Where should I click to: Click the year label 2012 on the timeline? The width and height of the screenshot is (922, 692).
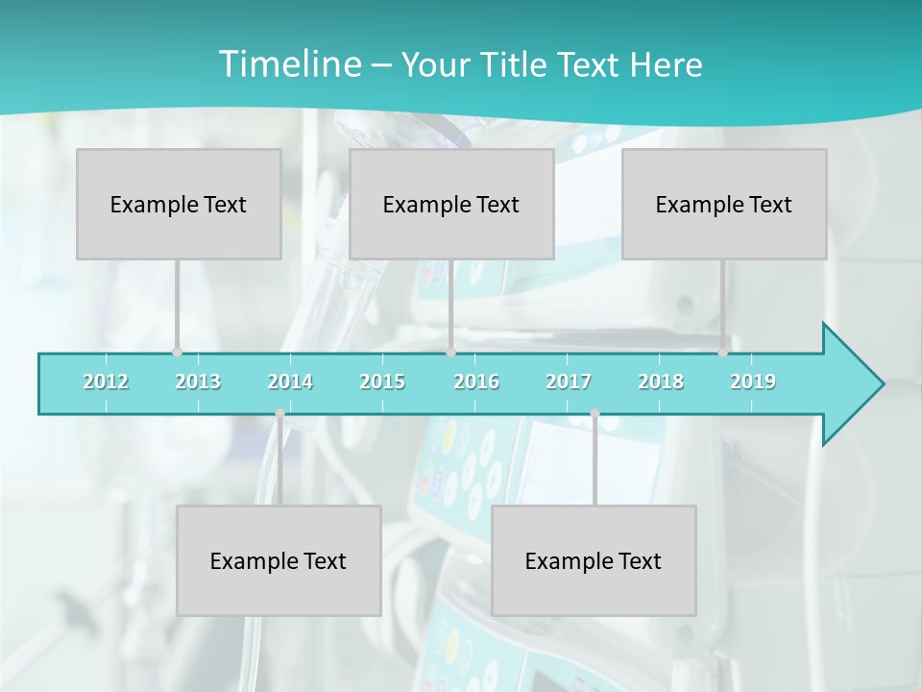106,382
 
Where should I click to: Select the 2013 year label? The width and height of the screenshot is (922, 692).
198,382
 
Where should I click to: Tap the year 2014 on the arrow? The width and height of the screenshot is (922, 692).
290,382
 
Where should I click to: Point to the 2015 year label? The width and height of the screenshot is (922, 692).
382,382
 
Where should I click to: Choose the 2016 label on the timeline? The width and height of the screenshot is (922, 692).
476,382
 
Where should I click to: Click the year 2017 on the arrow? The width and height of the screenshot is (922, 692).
569,382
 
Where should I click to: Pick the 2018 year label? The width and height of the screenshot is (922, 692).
661,382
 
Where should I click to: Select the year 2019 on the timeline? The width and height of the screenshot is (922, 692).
753,382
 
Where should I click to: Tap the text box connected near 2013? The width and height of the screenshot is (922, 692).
179,204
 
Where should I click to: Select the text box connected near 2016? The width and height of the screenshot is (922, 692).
451,204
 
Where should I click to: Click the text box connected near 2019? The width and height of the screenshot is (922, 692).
724,204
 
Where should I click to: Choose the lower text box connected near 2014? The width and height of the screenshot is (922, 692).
279,560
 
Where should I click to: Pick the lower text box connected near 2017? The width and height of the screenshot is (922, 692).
594,560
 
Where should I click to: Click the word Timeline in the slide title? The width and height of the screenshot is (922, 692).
288,64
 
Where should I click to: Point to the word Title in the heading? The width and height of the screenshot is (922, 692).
519,65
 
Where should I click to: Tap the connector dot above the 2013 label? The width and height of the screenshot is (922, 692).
177,352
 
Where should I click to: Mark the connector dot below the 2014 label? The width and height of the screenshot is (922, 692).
279,413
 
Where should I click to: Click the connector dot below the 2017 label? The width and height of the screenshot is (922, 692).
594,413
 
